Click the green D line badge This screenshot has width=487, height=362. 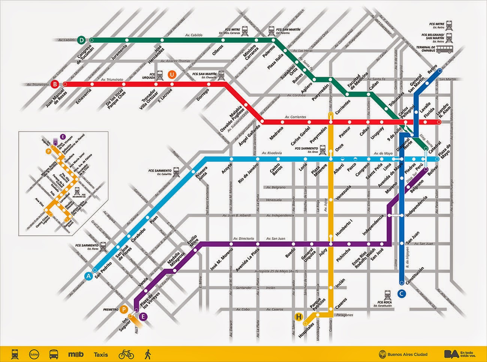point(82,40)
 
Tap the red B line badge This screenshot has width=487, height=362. point(55,84)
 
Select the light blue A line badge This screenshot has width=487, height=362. point(89,277)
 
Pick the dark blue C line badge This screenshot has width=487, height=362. point(401,294)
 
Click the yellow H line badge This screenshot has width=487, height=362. point(299,317)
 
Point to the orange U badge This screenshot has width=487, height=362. point(172,75)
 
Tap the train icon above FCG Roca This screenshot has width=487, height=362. point(387,295)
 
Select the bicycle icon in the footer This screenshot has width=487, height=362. point(126,353)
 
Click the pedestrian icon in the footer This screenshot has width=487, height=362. point(147,353)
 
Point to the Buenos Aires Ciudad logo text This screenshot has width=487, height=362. point(407,354)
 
